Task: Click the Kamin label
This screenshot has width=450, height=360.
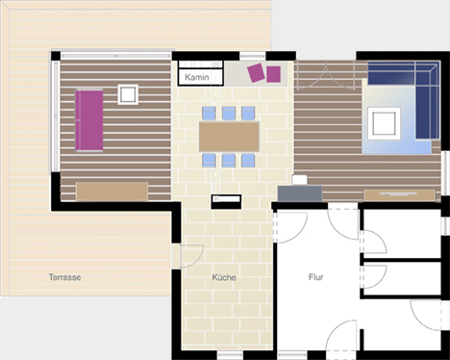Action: click(x=197, y=77)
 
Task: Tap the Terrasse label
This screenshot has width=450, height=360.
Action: click(x=64, y=277)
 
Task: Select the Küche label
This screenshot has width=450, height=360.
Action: click(x=224, y=277)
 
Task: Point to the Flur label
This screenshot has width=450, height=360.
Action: click(x=315, y=277)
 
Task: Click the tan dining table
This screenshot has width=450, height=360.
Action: click(x=229, y=137)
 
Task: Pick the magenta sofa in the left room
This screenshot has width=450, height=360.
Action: click(x=89, y=120)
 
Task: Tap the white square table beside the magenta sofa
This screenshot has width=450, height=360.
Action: click(x=128, y=94)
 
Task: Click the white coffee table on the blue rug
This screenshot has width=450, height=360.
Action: click(x=384, y=123)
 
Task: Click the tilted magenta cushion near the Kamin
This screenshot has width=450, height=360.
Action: click(x=256, y=73)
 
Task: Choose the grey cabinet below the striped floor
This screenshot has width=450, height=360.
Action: click(x=300, y=193)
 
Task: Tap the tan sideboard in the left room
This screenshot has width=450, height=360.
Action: click(x=112, y=192)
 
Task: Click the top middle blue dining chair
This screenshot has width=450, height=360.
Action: click(x=229, y=114)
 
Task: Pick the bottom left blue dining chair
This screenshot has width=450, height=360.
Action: click(x=209, y=161)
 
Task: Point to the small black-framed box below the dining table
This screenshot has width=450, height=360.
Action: click(x=226, y=202)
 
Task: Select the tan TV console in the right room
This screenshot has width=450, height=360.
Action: click(x=399, y=194)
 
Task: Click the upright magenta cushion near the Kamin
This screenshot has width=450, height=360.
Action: click(x=274, y=74)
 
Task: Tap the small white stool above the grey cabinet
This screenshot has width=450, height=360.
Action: click(x=300, y=180)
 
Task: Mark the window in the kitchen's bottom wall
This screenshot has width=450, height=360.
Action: click(x=230, y=355)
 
